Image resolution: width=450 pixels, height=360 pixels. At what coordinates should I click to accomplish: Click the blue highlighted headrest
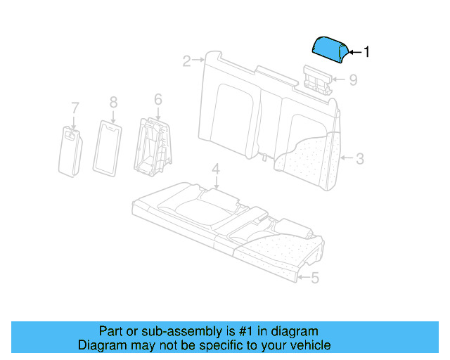pos(329,49)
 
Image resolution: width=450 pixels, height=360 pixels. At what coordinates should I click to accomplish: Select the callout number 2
pos(186,61)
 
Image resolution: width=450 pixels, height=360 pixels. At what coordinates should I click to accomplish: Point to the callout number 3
pos(359,159)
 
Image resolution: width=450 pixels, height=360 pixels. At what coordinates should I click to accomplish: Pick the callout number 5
pos(314,278)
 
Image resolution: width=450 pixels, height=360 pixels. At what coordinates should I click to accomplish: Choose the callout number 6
pos(158,99)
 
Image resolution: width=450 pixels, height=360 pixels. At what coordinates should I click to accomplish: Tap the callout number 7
pos(75,108)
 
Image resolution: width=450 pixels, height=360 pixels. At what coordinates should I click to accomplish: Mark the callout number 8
pos(113,103)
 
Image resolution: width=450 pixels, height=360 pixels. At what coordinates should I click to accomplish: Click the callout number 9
pos(353,80)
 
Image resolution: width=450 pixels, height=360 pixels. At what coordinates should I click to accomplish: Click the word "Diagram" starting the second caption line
pos(102,345)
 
